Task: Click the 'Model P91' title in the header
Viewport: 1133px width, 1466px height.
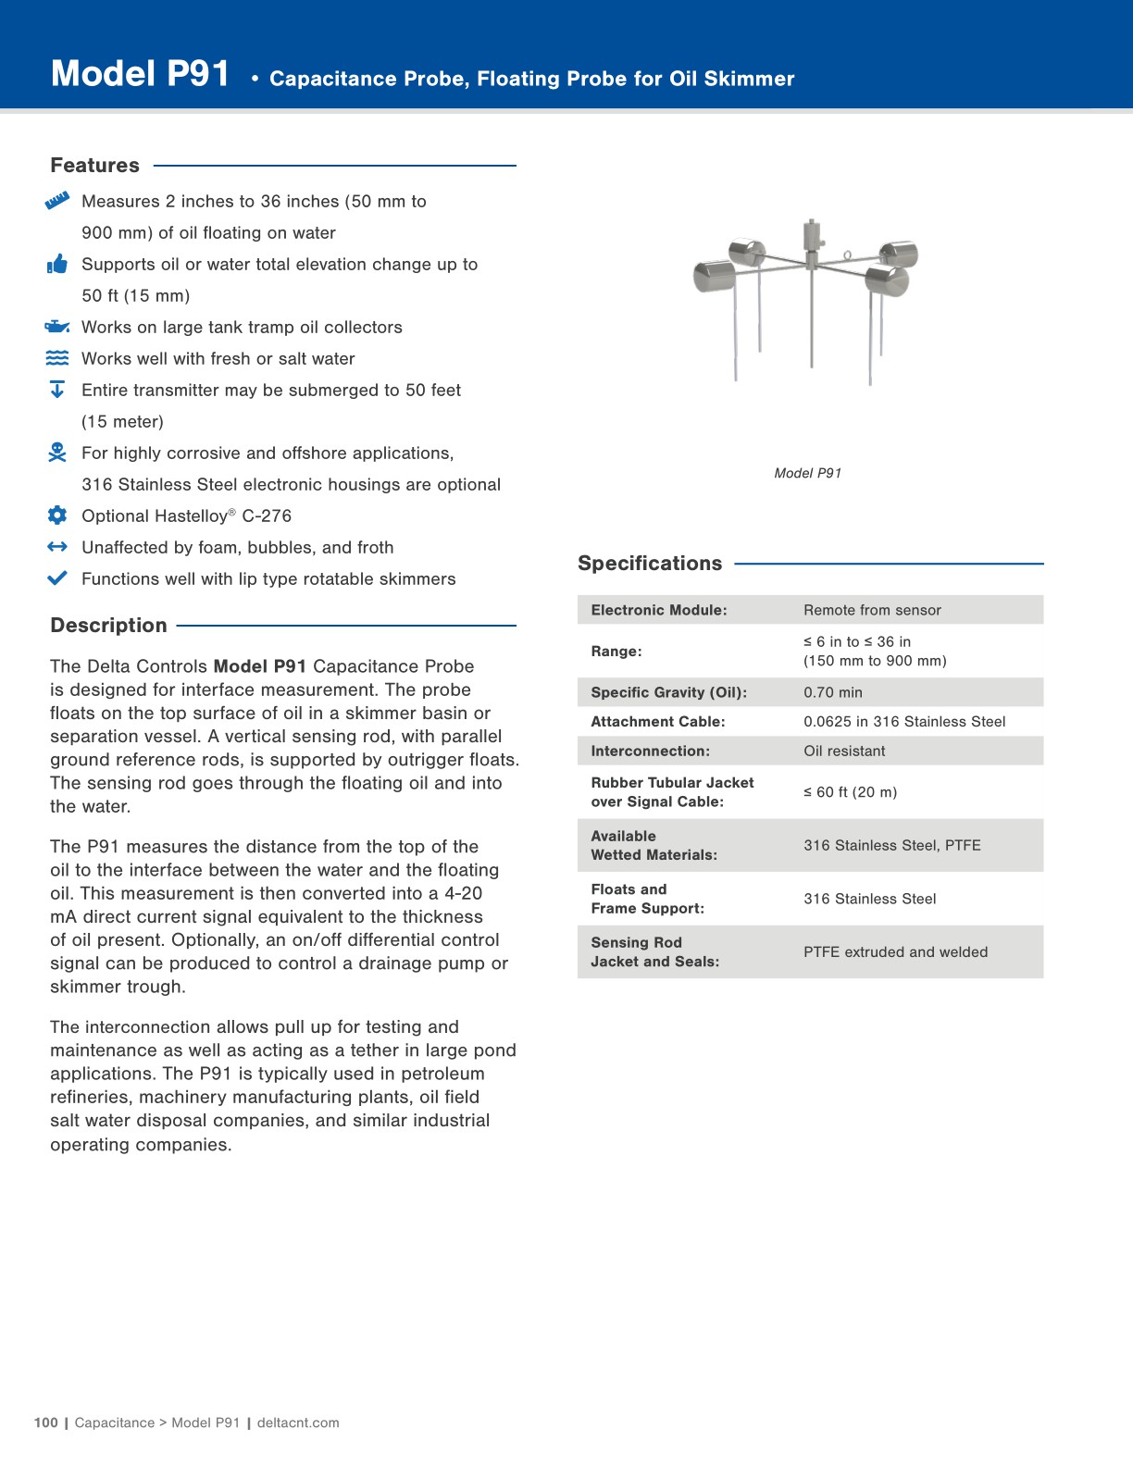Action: point(140,74)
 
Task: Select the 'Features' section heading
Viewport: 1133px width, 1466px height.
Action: point(94,166)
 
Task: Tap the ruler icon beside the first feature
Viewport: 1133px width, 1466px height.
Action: point(57,201)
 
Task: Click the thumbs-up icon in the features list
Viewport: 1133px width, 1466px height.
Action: point(57,265)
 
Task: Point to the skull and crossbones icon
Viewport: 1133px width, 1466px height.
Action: point(57,453)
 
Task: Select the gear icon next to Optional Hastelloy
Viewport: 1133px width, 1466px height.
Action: point(57,516)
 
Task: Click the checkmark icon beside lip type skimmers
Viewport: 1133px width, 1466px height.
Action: point(57,578)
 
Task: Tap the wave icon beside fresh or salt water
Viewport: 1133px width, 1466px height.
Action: point(57,358)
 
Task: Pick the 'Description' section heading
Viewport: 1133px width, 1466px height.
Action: point(108,626)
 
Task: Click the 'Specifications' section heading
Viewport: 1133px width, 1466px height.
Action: point(650,564)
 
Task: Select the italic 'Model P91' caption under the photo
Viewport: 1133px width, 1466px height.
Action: point(807,473)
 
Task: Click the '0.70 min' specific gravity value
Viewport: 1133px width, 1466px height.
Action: point(832,692)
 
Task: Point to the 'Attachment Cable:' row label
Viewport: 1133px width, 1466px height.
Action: point(658,722)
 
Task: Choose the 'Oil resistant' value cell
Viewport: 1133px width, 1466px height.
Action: point(844,752)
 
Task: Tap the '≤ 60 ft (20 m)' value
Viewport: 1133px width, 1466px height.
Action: point(850,792)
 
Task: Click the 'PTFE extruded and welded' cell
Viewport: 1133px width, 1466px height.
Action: point(895,952)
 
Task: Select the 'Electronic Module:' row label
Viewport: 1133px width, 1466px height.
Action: point(659,610)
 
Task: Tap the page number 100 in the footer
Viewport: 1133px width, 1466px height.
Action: point(45,1423)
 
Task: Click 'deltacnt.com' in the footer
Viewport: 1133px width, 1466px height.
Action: point(298,1423)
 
